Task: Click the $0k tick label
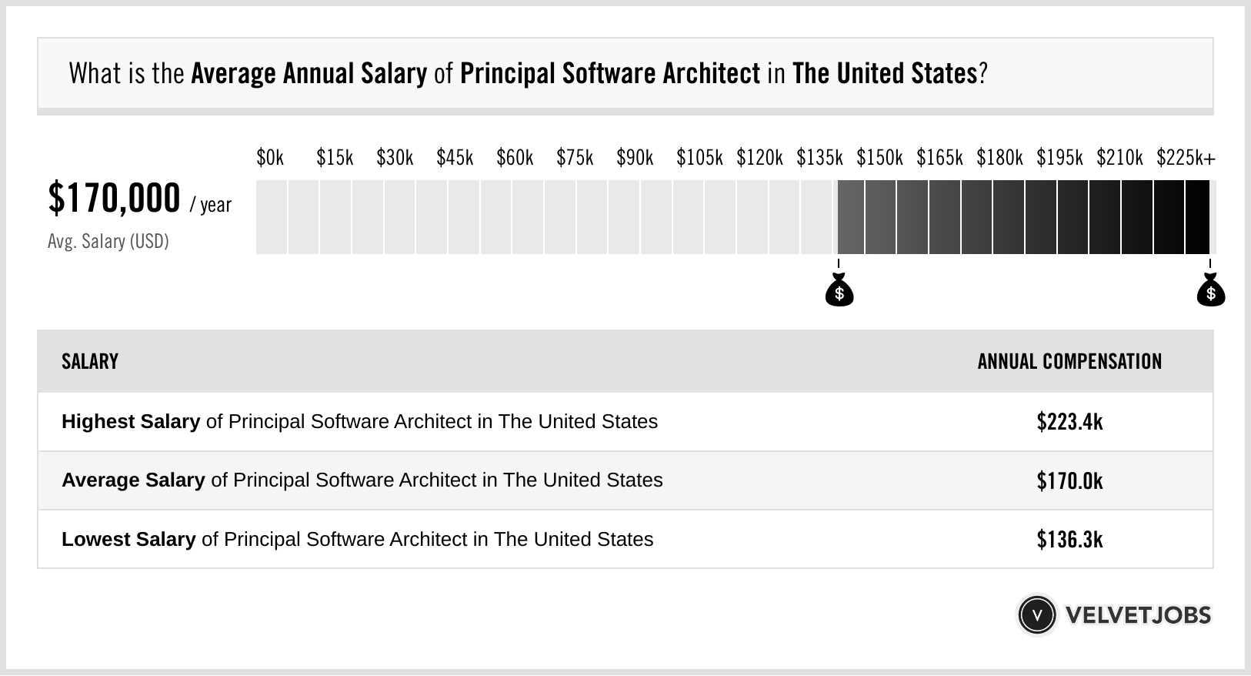[270, 158]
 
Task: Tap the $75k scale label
[575, 158]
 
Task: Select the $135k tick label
[819, 158]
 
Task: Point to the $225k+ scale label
[1186, 158]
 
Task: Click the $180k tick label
[999, 158]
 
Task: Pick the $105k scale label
[699, 158]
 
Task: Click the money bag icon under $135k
[839, 290]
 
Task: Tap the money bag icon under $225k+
[1210, 290]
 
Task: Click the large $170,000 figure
[114, 198]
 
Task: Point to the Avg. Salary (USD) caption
[108, 242]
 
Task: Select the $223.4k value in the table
[1069, 422]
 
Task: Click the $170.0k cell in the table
[1069, 481]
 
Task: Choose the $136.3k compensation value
[1069, 540]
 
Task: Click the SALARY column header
[90, 362]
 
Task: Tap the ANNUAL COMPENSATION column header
[1069, 362]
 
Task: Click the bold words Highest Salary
[131, 422]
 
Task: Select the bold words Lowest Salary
[128, 540]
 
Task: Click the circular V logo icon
[1036, 615]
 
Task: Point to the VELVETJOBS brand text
[1138, 615]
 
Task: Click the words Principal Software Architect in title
[610, 74]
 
